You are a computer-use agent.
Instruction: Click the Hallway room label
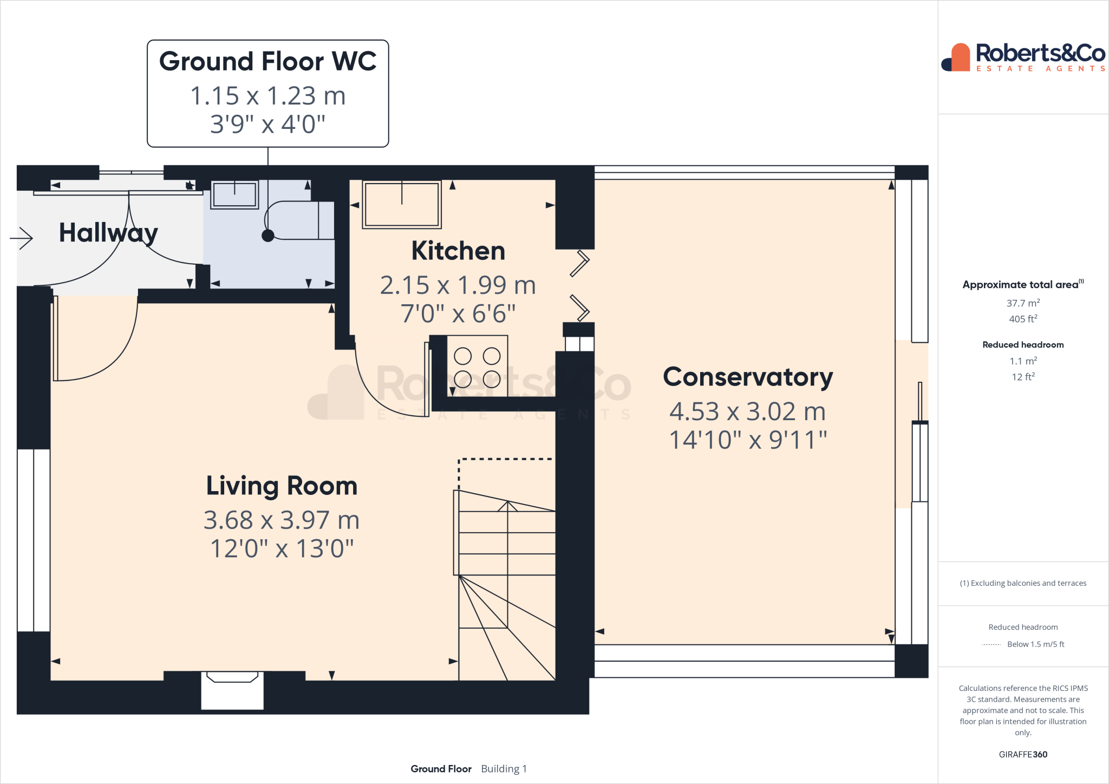(x=108, y=233)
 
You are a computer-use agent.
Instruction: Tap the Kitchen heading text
(x=458, y=251)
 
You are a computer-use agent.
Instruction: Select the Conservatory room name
(x=748, y=377)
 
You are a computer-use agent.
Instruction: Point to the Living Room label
(x=282, y=486)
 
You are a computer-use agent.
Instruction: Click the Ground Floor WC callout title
(x=268, y=61)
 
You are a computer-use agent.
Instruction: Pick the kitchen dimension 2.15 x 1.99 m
(x=458, y=285)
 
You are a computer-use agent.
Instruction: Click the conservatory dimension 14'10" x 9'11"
(x=748, y=440)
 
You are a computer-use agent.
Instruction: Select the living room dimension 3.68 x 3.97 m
(x=282, y=520)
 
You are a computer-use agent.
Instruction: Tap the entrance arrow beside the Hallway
(x=21, y=238)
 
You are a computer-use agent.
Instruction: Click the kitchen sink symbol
(x=402, y=204)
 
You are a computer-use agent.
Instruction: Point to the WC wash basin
(x=234, y=194)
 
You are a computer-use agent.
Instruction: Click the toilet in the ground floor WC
(x=298, y=220)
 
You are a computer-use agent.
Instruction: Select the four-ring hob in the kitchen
(x=477, y=366)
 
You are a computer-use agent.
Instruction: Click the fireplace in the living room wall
(x=232, y=690)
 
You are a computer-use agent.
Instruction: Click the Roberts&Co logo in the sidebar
(x=1023, y=57)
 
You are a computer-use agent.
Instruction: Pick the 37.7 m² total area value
(x=1023, y=303)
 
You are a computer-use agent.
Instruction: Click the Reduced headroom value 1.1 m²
(x=1023, y=361)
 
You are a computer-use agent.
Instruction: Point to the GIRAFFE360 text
(x=1023, y=754)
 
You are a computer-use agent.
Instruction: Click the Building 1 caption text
(x=504, y=769)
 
